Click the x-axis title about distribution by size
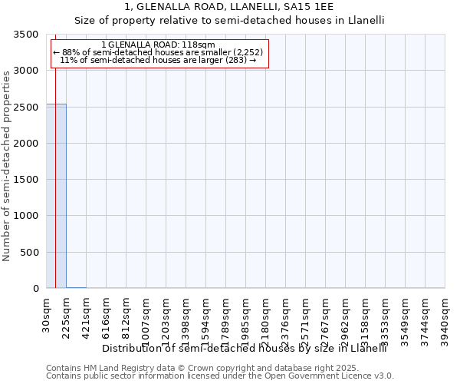coord(244,348)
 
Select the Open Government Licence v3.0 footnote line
coord(220,376)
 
